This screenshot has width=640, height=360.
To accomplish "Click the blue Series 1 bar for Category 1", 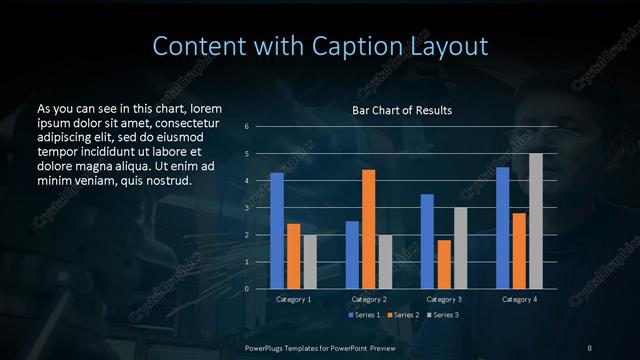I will coord(277,231).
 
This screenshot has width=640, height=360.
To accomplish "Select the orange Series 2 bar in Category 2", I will coord(369,229).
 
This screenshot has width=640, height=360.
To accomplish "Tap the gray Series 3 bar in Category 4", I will coord(535,221).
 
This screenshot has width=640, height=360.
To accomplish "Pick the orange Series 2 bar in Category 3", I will coord(444,264).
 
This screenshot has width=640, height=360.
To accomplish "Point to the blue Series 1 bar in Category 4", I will coord(502,228).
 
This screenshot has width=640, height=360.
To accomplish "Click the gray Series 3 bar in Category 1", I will coord(310,262).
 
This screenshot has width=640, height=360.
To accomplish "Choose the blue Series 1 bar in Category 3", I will coord(427,241).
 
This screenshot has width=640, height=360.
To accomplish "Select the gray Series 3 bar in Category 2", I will coord(386,262).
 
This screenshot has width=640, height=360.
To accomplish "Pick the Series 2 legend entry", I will coord(404,315).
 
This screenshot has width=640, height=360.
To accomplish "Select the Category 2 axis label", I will coord(369,299).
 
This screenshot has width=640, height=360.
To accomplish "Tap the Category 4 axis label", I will coord(519,299).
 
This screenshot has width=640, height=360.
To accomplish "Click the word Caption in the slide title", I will coord(357,46).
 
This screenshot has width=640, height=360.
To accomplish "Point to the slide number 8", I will coord(590,347).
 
